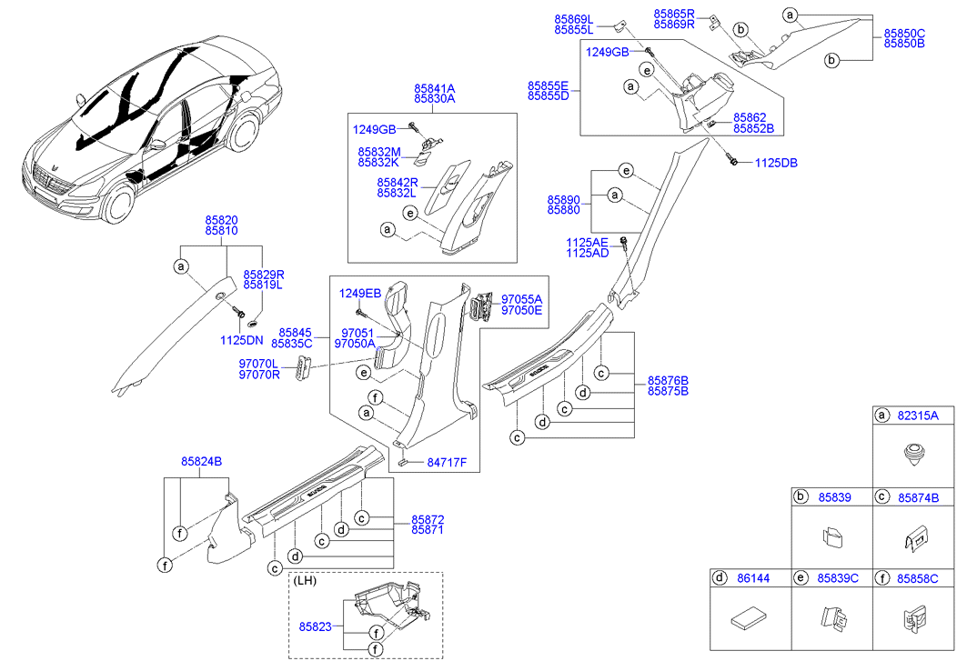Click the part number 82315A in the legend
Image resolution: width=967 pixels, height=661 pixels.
tap(918, 416)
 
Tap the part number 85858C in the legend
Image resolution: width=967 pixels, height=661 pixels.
tap(918, 577)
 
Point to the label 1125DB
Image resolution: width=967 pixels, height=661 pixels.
tap(776, 163)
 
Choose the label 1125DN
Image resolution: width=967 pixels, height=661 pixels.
tap(241, 340)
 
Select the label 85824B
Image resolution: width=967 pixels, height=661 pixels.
tap(201, 461)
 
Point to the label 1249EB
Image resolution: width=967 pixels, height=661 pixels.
tap(360, 293)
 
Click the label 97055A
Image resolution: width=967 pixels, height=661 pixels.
tap(521, 298)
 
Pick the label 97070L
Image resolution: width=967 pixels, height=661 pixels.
tap(258, 363)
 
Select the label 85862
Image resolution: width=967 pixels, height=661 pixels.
tap(751, 117)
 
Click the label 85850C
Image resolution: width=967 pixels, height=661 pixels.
tap(903, 32)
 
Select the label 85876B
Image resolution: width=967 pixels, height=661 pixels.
tap(668, 379)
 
